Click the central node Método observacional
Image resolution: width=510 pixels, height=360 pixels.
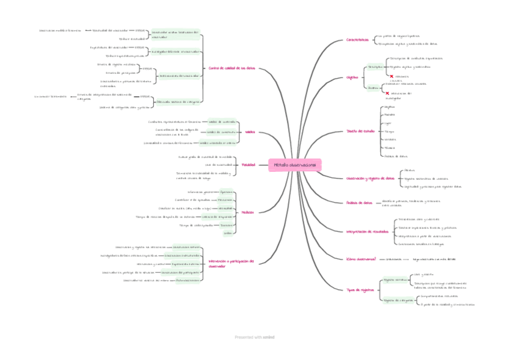[295, 165]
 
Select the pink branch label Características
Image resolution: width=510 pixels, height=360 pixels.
[357, 40]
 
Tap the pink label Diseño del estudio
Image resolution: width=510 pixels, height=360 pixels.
[361, 131]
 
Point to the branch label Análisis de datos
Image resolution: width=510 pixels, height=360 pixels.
[360, 203]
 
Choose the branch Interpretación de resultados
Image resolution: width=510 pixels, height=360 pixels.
[367, 231]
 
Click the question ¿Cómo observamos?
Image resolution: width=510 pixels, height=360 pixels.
[361, 259]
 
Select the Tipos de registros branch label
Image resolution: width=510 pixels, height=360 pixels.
[360, 290]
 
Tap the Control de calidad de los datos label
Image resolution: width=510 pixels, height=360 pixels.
[232, 69]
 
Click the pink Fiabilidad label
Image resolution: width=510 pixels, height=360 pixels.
[248, 165]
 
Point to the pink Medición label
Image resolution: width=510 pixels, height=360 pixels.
[248, 212]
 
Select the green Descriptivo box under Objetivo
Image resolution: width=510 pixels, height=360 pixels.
[375, 67]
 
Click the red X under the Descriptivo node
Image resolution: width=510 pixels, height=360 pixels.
[391, 76]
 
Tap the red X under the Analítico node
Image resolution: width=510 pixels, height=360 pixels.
[387, 93]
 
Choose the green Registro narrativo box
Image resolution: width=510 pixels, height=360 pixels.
[393, 279]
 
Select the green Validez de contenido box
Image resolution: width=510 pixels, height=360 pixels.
[221, 121]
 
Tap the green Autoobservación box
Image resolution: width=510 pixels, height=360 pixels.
[188, 281]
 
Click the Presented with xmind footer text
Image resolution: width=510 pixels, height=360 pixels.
[254, 338]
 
